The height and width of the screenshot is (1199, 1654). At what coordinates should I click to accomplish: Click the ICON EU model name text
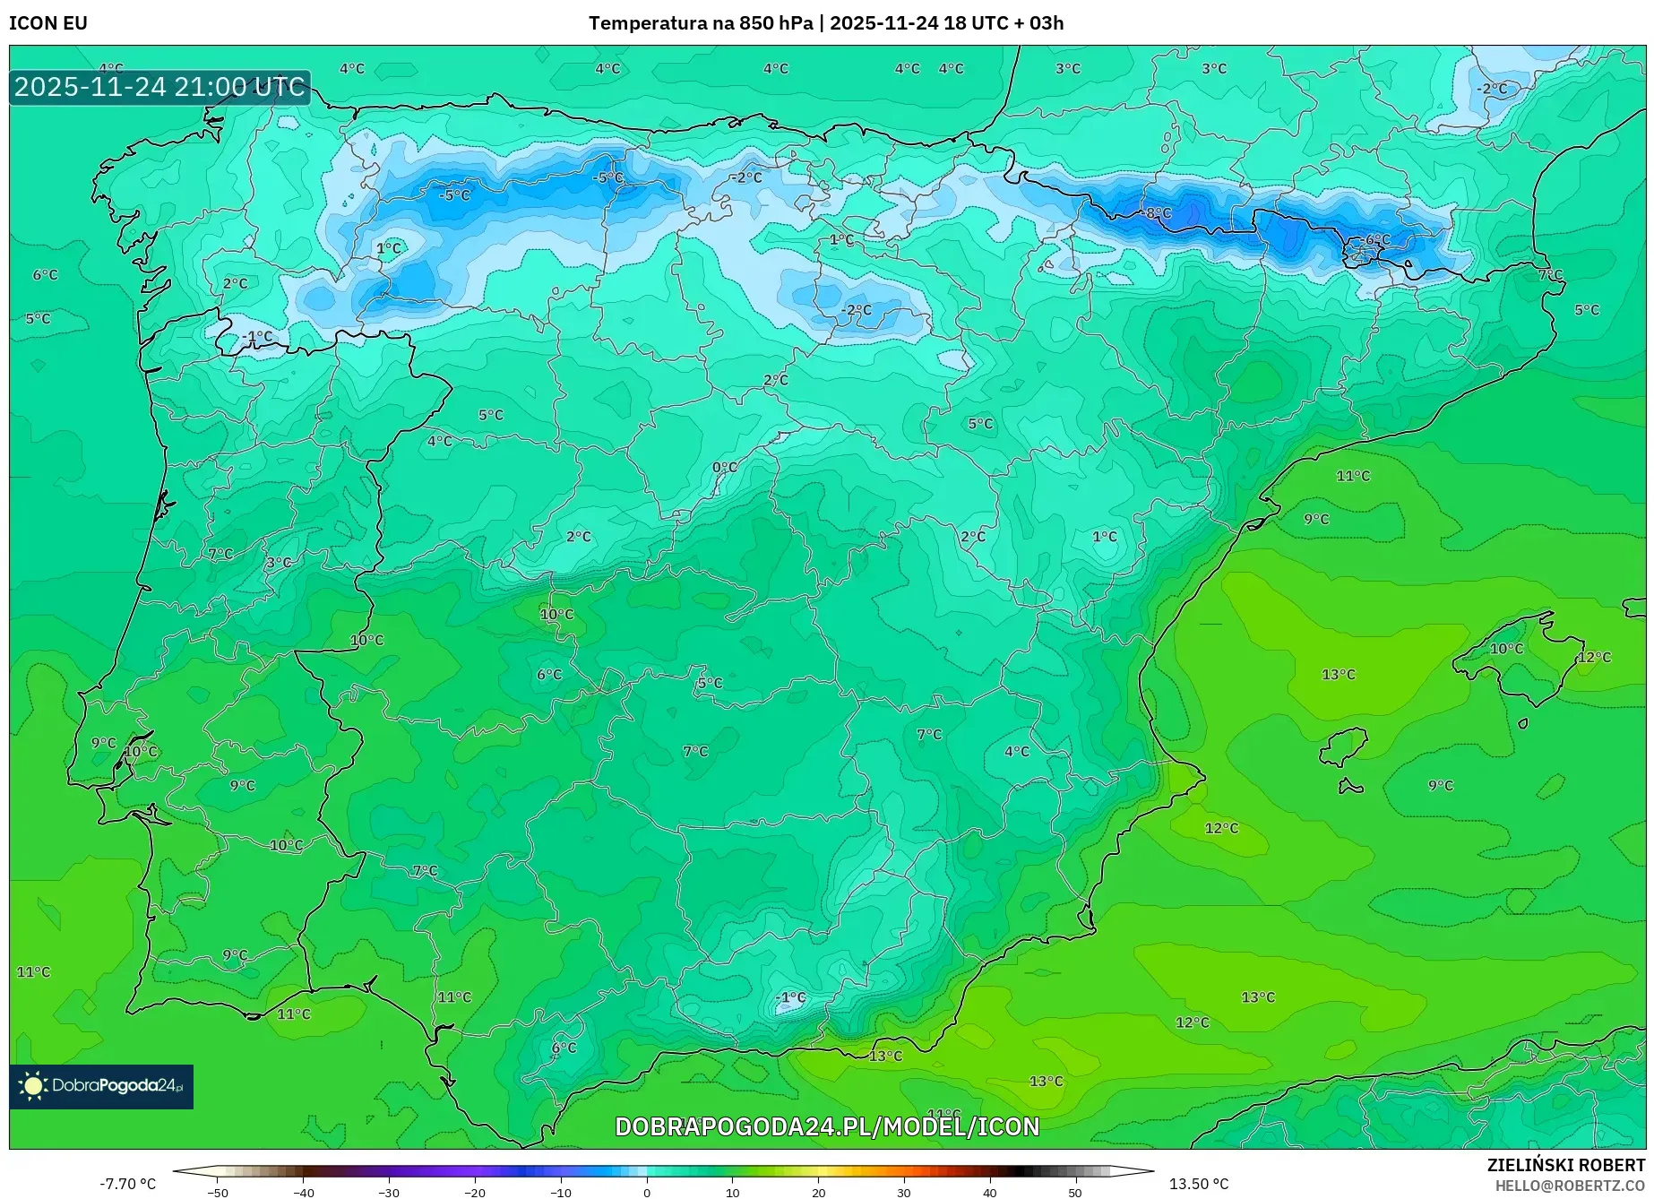coord(48,23)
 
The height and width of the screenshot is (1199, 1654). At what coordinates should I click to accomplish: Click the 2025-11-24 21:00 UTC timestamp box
coord(159,87)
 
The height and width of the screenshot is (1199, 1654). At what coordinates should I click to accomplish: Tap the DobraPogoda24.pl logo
coord(101,1086)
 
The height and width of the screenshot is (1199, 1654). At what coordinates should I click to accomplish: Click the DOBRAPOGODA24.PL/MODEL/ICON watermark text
coord(826,1126)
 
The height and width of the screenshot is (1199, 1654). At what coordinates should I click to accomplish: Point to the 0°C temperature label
coord(724,468)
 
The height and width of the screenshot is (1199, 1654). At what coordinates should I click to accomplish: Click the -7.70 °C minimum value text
coord(127,1184)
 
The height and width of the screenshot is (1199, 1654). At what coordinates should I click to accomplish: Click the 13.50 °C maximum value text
coord(1199,1184)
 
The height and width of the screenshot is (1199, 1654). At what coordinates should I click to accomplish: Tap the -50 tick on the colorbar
coord(217,1193)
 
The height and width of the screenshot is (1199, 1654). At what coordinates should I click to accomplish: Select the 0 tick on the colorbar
coord(646,1193)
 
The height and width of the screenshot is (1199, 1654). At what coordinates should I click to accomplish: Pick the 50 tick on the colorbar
coord(1074,1193)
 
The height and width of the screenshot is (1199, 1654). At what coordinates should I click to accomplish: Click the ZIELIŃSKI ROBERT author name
coord(1566,1165)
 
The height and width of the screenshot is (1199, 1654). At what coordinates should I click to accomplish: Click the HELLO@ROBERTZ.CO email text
coord(1570,1186)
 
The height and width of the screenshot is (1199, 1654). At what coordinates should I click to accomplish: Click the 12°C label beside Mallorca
coord(1594,657)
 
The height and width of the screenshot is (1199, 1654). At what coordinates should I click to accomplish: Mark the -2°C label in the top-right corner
coord(1493,89)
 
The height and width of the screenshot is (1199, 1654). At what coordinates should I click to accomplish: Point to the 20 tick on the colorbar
coord(818,1193)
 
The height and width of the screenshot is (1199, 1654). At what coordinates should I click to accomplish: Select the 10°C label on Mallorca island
coord(1506,649)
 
